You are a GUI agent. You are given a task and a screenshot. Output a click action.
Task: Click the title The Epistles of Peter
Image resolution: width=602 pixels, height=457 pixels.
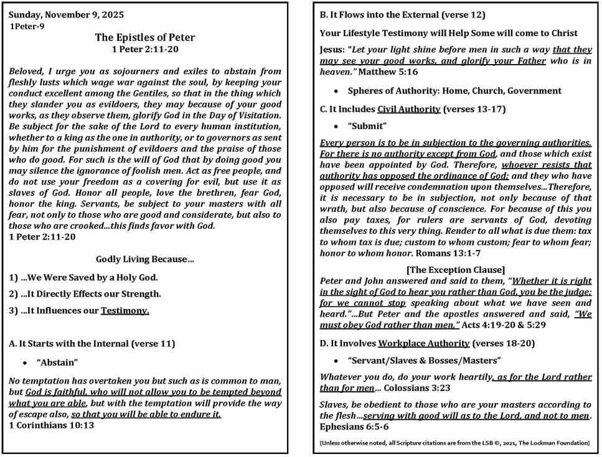coord(146,37)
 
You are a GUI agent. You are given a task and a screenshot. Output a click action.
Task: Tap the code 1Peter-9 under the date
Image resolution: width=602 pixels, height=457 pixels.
coord(27,26)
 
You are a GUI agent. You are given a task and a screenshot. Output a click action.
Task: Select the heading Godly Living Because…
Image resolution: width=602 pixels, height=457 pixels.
coord(145,259)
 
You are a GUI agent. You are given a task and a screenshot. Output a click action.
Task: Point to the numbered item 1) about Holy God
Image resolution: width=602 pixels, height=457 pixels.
coord(83,277)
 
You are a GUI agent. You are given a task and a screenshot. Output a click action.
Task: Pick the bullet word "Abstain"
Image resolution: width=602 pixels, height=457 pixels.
coord(57,362)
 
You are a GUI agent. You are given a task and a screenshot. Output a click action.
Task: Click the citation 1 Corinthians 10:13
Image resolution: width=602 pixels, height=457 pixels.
coord(52,425)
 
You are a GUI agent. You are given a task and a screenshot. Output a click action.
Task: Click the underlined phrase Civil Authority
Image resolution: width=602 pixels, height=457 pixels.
coord(408,109)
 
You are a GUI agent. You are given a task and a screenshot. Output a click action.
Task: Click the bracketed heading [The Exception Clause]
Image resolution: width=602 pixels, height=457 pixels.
coord(455,270)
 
